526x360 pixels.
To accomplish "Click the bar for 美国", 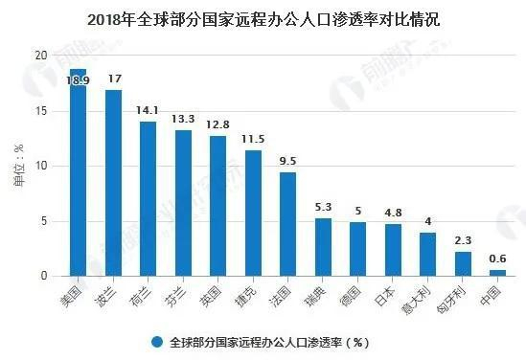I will point(79,172).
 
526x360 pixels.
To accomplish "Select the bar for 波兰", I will point(113,182).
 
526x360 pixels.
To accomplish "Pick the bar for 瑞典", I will point(323,247).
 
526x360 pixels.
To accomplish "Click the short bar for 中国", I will point(497,272).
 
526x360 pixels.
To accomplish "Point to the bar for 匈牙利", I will point(463,263).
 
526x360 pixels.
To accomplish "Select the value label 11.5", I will point(253,140).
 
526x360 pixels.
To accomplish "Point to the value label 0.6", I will point(497,259).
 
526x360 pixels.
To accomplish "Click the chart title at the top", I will point(263,17).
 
